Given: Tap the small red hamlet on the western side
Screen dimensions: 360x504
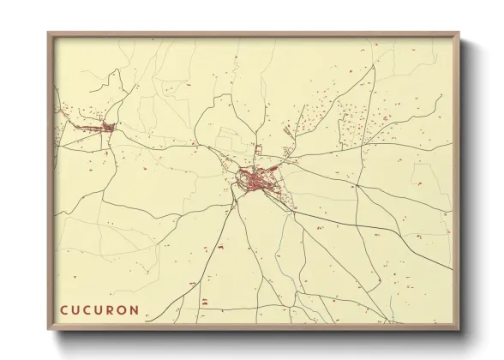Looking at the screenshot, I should point(108,129).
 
